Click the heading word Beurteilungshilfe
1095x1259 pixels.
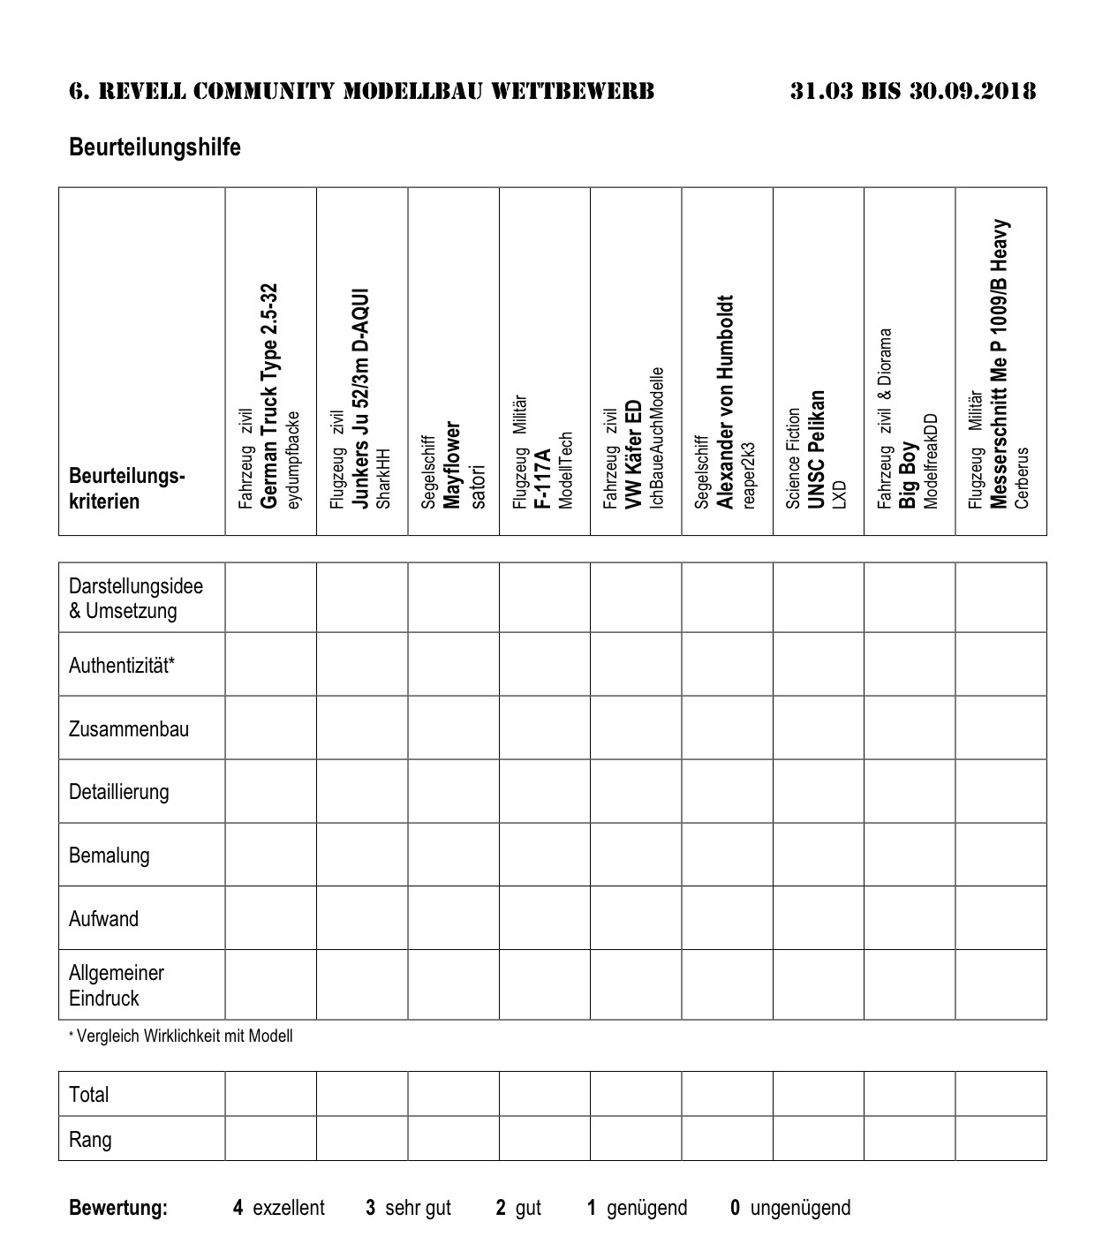[x=155, y=147]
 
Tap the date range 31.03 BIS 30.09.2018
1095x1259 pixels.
[x=913, y=91]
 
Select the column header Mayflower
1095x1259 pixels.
[x=453, y=464]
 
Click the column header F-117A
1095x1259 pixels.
[x=544, y=478]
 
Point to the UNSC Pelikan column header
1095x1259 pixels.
[x=817, y=449]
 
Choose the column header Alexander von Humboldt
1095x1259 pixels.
[x=726, y=402]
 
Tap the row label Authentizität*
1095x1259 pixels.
[x=122, y=665]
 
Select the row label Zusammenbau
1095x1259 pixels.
[x=129, y=728]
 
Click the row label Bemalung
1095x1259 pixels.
[x=109, y=856]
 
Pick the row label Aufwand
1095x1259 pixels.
[x=104, y=919]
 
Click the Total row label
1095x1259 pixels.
[x=89, y=1095]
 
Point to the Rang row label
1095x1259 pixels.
[x=90, y=1139]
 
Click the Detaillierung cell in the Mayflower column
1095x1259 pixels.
[x=453, y=792]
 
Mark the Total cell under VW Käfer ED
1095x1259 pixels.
[x=636, y=1095]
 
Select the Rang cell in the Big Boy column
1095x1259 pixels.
[x=910, y=1139]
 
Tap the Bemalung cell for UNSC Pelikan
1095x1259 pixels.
[x=818, y=856]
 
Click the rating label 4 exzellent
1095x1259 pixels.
[x=279, y=1208]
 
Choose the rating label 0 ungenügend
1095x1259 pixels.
[x=790, y=1208]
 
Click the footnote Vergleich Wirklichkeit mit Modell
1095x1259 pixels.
[x=184, y=1036]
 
